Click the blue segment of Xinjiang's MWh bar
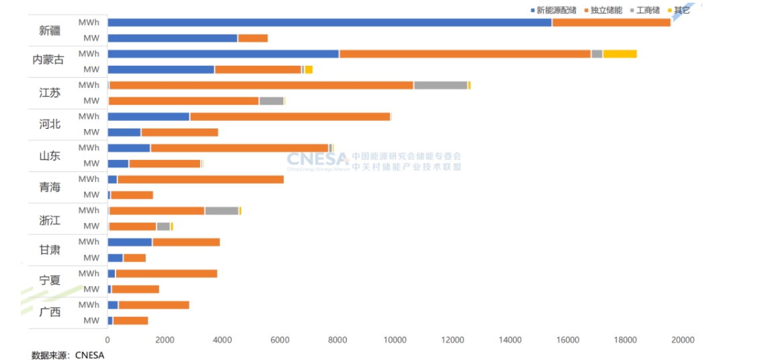pyautogui.click(x=329, y=22)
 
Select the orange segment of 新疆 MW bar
pyautogui.click(x=253, y=38)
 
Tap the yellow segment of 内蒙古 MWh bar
pyautogui.click(x=620, y=54)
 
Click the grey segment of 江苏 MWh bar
pyautogui.click(x=440, y=85)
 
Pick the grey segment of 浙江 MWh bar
pyautogui.click(x=222, y=211)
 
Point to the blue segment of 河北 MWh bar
pyautogui.click(x=148, y=117)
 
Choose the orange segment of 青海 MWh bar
pyautogui.click(x=200, y=179)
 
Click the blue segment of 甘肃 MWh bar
pyautogui.click(x=130, y=242)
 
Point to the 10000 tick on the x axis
pyautogui.click(x=395, y=340)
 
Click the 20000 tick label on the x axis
pyautogui.click(x=683, y=340)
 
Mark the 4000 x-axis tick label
pyautogui.click(x=223, y=340)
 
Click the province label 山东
pyautogui.click(x=50, y=156)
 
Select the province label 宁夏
pyautogui.click(x=50, y=281)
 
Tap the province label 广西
pyautogui.click(x=50, y=312)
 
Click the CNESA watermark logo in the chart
pyautogui.click(x=318, y=160)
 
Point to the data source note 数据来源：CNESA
pyautogui.click(x=68, y=354)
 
